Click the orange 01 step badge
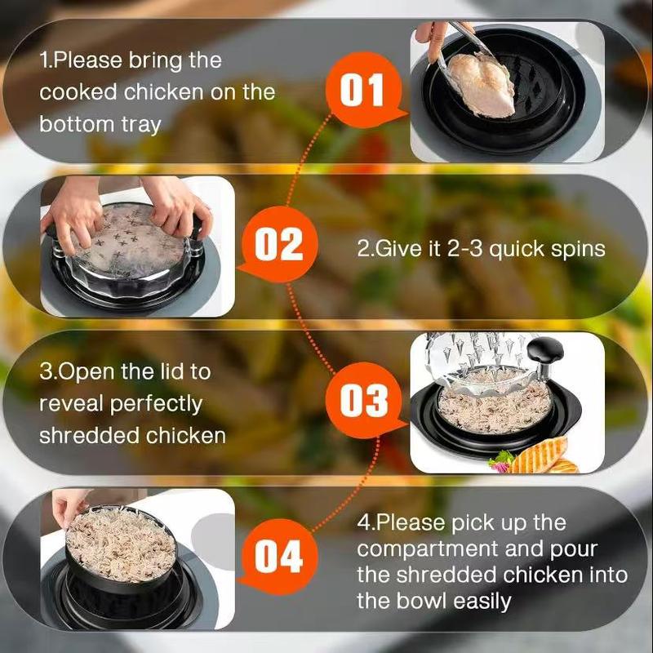coord(363,90)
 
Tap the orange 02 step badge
coord(278,245)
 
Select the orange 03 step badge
coord(363,400)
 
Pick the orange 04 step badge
coord(278,557)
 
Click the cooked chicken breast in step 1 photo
coord(480,85)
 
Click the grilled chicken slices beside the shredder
coord(541,457)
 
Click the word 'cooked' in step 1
coord(78,91)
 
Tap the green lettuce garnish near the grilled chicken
coord(501,461)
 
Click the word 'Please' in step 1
coord(87,60)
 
